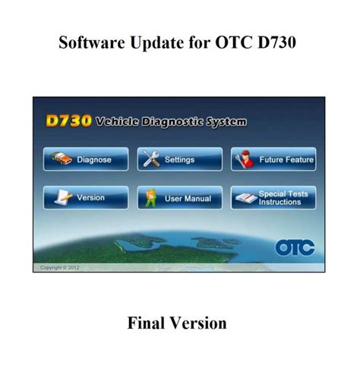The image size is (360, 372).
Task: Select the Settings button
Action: (x=179, y=160)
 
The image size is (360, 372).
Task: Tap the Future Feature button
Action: (x=273, y=160)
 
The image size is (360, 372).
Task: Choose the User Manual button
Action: (x=179, y=198)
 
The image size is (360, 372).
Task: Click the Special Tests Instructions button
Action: (x=273, y=198)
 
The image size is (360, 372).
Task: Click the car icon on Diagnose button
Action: (x=59, y=160)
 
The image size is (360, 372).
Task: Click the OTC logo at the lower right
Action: (x=295, y=247)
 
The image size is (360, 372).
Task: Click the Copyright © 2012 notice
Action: (x=58, y=267)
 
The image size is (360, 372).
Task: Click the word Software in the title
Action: (x=90, y=42)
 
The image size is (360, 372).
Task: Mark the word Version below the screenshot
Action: (x=199, y=323)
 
